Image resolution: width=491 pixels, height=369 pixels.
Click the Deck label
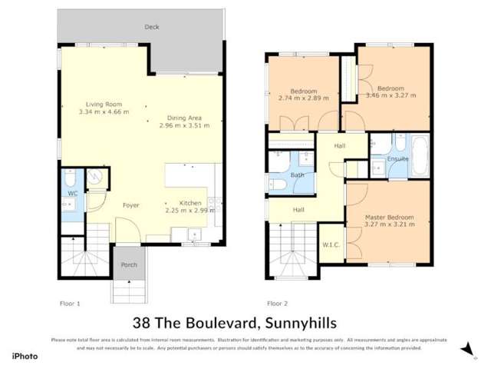coord(152,27)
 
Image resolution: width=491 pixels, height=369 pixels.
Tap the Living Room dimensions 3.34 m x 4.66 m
coord(104,111)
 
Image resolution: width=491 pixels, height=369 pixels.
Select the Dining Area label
coord(185,118)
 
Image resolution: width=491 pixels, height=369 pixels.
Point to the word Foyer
coord(130,205)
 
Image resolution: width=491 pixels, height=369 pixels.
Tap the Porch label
coord(127,265)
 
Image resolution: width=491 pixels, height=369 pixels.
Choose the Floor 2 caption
coord(277,303)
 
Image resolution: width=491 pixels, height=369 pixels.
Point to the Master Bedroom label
coord(389,218)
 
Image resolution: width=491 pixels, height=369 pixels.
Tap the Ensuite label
coord(398,159)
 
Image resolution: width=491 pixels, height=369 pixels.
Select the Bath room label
coord(298,175)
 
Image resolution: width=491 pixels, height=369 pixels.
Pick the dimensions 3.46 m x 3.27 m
coord(391,95)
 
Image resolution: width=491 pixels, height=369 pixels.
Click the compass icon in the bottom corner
coord(465,349)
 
